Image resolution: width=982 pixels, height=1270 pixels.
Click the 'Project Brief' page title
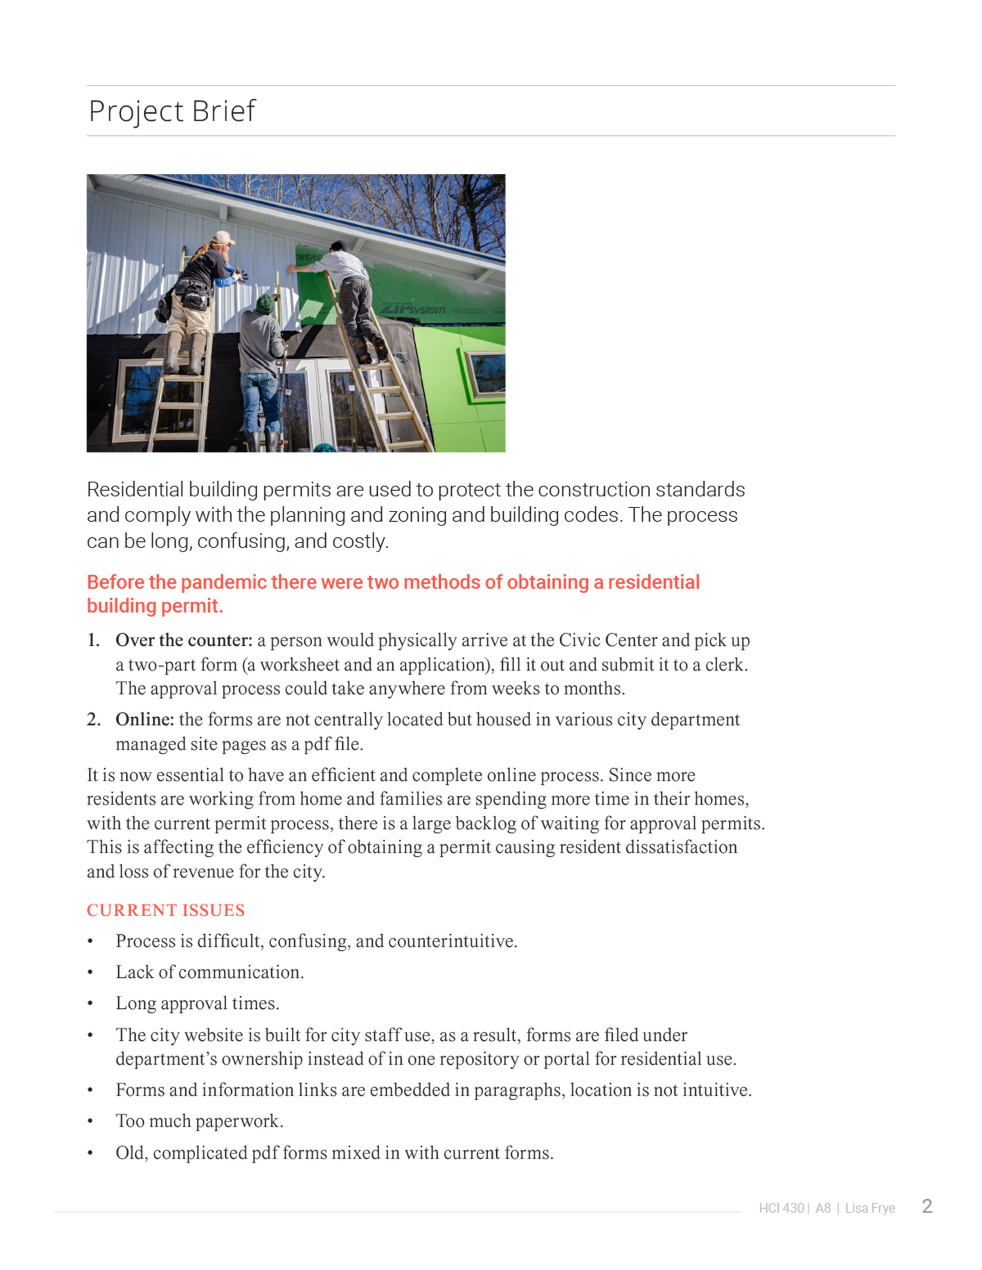[x=171, y=111]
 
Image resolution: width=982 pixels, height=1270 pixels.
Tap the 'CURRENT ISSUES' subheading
[x=166, y=910]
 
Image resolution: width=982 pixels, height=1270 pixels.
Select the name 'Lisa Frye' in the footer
[x=870, y=1208]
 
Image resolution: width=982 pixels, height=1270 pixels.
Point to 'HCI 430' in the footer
[x=781, y=1208]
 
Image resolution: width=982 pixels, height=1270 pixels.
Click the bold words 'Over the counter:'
[x=184, y=640]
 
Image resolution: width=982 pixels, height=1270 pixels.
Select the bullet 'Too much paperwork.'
[x=199, y=1121]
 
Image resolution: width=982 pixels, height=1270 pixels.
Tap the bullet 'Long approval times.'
[x=197, y=1003]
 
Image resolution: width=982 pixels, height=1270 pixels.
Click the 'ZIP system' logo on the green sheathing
[x=412, y=308]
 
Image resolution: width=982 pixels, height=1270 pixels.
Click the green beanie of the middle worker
[x=265, y=303]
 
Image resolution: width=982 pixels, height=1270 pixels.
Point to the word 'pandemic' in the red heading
[x=226, y=582]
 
